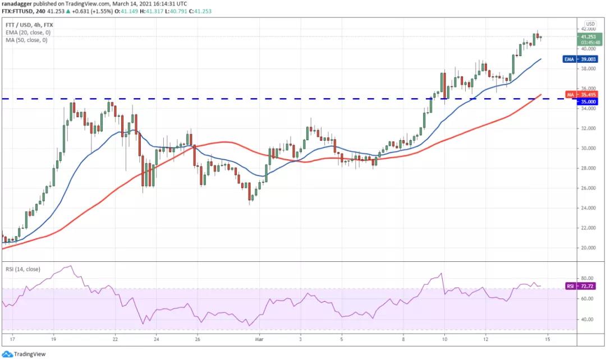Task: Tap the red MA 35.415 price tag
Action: (585, 95)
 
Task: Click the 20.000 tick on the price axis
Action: (588, 248)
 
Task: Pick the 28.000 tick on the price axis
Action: (588, 168)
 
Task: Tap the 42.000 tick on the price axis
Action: (588, 29)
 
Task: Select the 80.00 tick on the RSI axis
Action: (587, 279)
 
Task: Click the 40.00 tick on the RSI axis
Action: (587, 319)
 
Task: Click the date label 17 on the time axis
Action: (12, 339)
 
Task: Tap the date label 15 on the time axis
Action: (547, 339)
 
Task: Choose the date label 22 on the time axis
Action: (114, 339)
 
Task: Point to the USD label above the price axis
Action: (590, 24)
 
